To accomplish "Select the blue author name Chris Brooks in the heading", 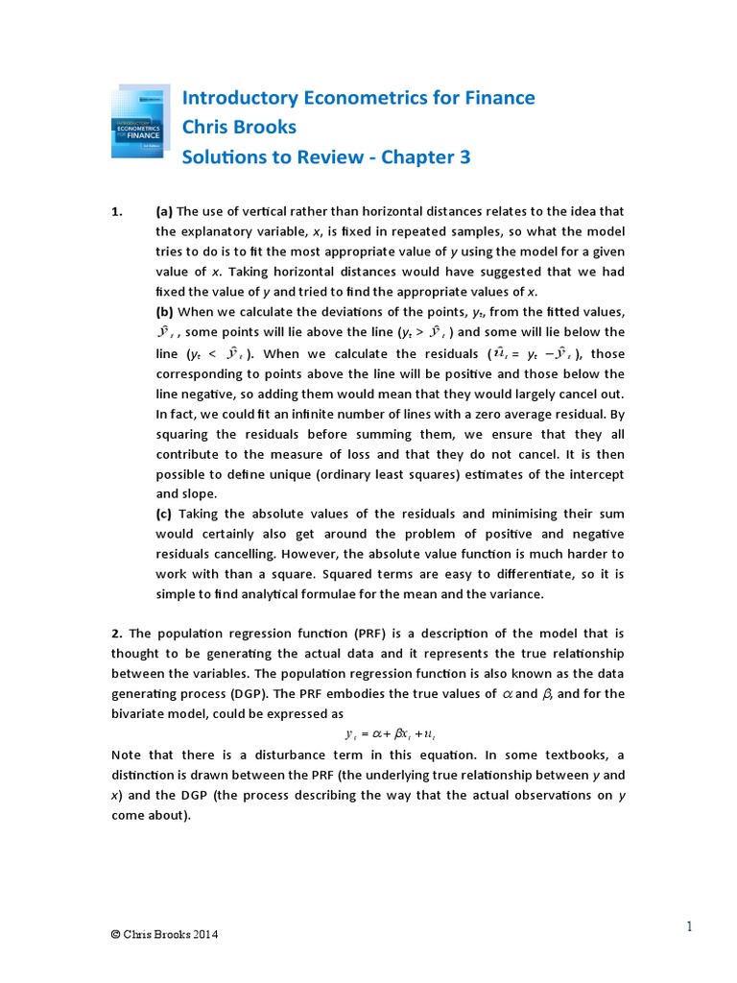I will coord(239,127).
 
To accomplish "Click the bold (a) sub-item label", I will coord(165,211).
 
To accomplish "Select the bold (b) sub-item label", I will coord(165,311).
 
